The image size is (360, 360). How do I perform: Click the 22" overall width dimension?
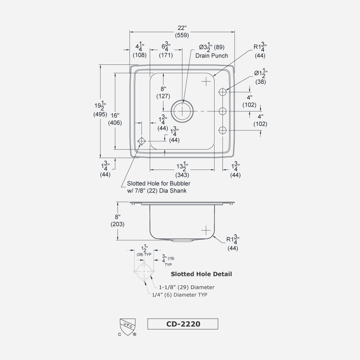pyautogui.click(x=182, y=32)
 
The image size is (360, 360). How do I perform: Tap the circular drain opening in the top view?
pyautogui.click(x=182, y=110)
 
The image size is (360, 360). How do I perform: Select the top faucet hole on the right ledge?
pyautogui.click(x=223, y=92)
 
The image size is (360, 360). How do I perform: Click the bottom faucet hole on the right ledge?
pyautogui.click(x=223, y=130)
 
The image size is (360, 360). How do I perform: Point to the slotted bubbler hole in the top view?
pyautogui.click(x=141, y=141)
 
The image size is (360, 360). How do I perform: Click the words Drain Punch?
pyautogui.click(x=211, y=55)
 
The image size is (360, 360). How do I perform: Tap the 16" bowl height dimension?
pyautogui.click(x=115, y=119)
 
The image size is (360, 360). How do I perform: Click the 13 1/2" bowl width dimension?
pyautogui.click(x=181, y=171)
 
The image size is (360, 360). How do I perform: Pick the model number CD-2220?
pyautogui.click(x=183, y=324)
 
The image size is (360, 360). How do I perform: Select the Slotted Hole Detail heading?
pyautogui.click(x=201, y=274)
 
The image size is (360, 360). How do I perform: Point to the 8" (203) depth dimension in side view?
pyautogui.click(x=117, y=220)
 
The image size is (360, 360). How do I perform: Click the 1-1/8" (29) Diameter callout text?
pyautogui.click(x=186, y=287)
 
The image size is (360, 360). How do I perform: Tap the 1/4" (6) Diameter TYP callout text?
pyautogui.click(x=180, y=294)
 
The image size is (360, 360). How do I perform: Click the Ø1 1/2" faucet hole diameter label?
pyautogui.click(x=260, y=76)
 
